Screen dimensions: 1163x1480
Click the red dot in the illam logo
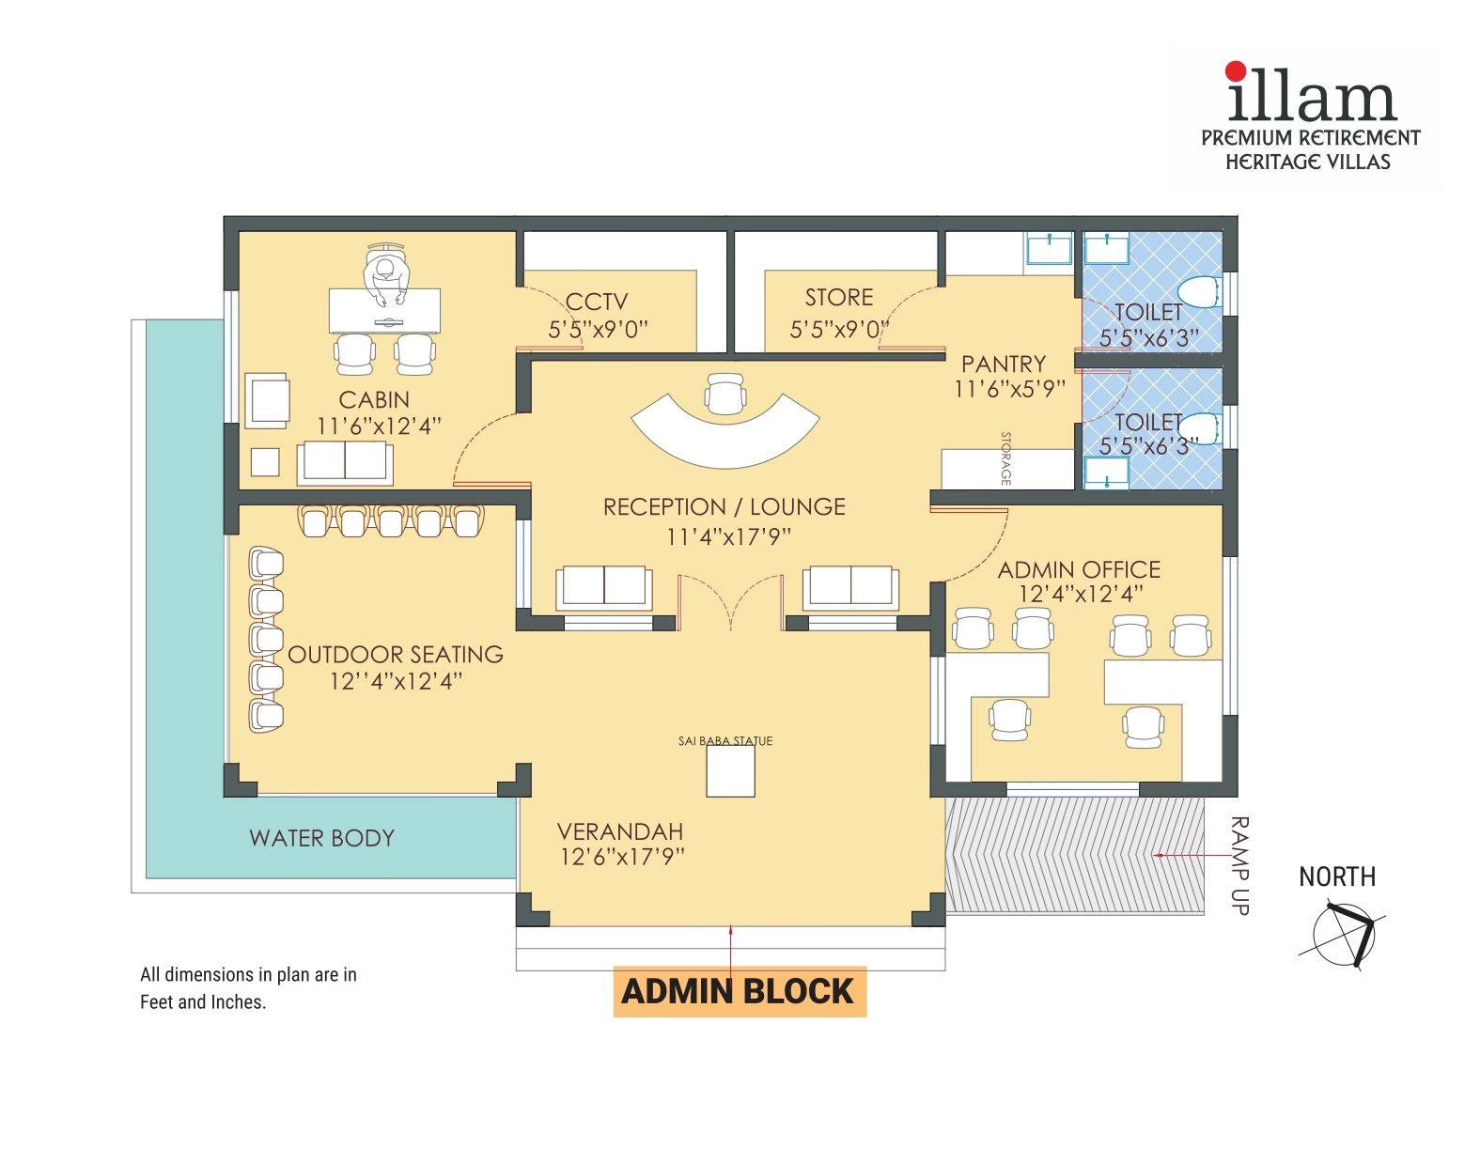1236,71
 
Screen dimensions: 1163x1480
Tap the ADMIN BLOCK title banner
739,991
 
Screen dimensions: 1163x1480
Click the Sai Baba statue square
730,772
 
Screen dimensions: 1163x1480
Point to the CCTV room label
597,302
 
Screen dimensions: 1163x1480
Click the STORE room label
839,298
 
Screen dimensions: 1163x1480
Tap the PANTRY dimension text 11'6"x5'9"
1009,389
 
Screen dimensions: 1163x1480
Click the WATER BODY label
321,838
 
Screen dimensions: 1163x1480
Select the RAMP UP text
1239,865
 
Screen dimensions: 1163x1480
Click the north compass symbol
1344,934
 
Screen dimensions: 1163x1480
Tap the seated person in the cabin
385,278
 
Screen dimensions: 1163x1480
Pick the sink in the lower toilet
1106,472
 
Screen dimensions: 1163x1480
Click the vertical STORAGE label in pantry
1006,458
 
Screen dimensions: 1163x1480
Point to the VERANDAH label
620,831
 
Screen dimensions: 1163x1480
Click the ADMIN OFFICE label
1079,570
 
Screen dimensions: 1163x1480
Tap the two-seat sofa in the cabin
345,462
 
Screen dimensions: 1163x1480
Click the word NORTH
1336,876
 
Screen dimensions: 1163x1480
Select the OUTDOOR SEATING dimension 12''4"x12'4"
396,681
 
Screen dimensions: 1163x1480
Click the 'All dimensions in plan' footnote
248,987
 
